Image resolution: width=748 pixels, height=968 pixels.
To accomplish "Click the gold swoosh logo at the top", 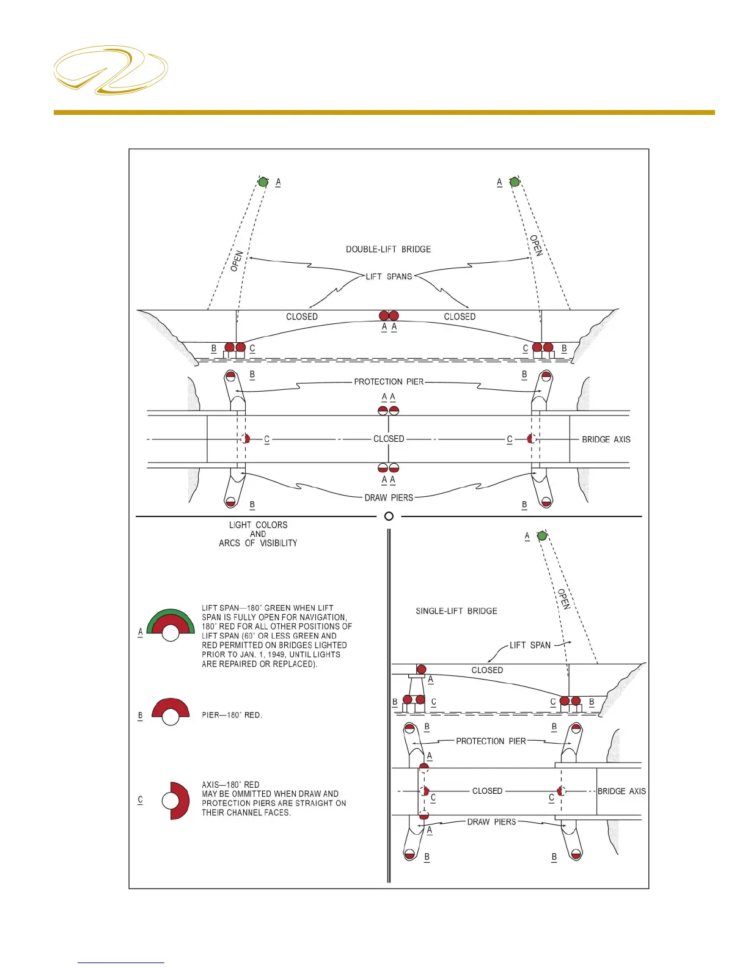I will pyautogui.click(x=111, y=70).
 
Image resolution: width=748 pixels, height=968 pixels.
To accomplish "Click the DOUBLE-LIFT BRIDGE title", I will pyautogui.click(x=388, y=249).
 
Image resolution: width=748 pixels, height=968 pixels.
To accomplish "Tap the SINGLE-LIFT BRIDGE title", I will pyautogui.click(x=456, y=611).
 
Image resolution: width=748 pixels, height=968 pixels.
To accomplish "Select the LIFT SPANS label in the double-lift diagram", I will pyautogui.click(x=389, y=277).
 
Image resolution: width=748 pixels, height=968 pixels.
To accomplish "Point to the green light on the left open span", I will pyautogui.click(x=263, y=182).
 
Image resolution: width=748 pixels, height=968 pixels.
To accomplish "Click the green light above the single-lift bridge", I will pyautogui.click(x=542, y=536).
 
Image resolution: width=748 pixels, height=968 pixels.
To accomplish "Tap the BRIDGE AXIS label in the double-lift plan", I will pyautogui.click(x=606, y=439).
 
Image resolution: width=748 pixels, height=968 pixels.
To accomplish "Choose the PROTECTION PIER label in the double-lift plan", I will pyautogui.click(x=389, y=382).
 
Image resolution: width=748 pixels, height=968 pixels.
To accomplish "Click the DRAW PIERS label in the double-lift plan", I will pyautogui.click(x=389, y=498).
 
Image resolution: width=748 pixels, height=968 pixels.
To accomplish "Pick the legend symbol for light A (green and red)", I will pyautogui.click(x=170, y=625).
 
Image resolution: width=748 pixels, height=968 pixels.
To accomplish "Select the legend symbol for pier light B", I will pyautogui.click(x=170, y=711).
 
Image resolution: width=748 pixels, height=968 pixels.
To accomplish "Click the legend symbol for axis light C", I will pyautogui.click(x=177, y=801).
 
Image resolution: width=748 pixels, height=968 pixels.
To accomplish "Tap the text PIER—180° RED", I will pyautogui.click(x=232, y=715).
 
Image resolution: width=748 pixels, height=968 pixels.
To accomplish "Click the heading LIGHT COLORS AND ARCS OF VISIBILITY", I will pyautogui.click(x=258, y=534).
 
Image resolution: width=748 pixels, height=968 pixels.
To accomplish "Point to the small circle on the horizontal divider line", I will pyautogui.click(x=389, y=516).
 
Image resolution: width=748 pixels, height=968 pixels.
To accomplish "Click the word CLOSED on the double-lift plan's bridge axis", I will pyautogui.click(x=389, y=439).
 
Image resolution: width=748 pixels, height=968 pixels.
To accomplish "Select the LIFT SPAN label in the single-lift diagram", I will pyautogui.click(x=530, y=645).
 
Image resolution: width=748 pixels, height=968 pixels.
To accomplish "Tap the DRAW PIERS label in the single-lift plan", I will pyautogui.click(x=491, y=822).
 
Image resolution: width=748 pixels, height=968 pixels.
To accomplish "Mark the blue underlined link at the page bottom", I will pyautogui.click(x=121, y=963).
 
